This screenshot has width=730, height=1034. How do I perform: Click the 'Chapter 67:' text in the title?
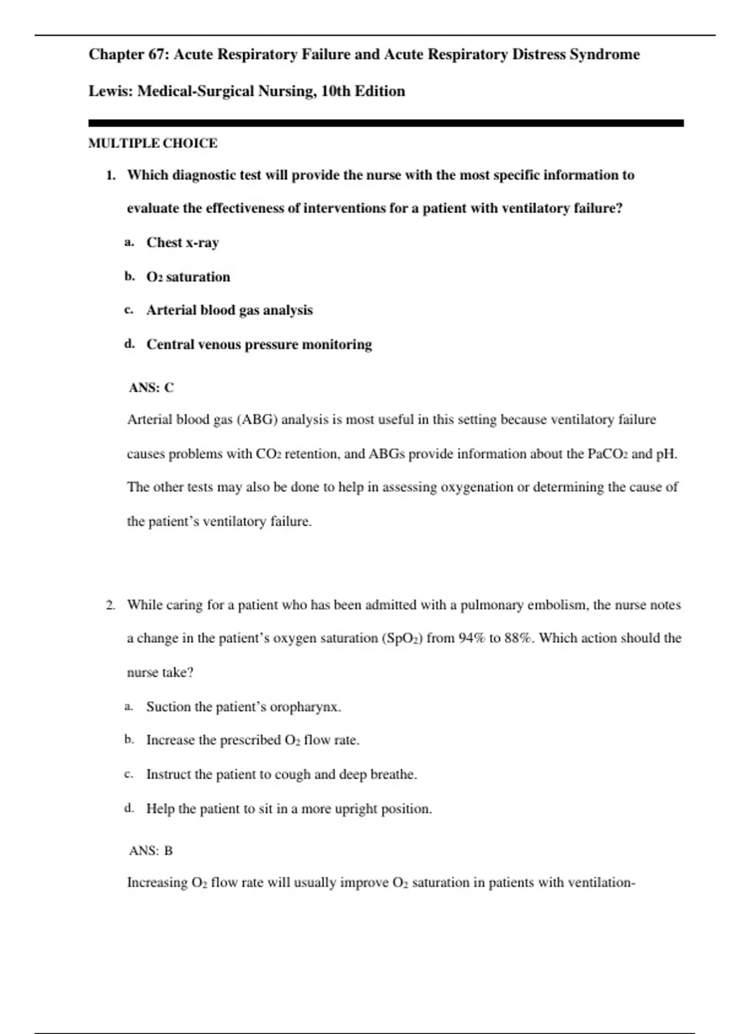pos(129,55)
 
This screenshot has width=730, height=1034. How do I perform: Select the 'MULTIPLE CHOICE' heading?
pos(153,144)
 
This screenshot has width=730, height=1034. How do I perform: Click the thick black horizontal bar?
pos(386,123)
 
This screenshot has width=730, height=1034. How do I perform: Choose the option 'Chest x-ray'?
pos(182,243)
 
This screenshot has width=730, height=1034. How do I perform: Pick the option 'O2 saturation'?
pos(188,277)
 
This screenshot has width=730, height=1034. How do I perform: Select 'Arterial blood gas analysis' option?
pos(229,310)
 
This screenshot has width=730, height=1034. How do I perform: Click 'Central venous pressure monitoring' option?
pos(259,345)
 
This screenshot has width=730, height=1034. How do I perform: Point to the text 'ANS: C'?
pos(151,388)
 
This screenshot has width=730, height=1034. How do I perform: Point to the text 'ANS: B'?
pos(151,851)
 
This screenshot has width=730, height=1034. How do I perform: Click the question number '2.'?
pos(110,605)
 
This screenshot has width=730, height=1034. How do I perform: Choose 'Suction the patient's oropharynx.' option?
pos(243,707)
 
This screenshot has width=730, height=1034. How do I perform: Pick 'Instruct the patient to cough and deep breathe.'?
pos(281,775)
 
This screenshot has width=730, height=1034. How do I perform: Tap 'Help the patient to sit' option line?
pos(289,809)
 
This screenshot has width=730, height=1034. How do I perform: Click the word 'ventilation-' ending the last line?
pos(601,883)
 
